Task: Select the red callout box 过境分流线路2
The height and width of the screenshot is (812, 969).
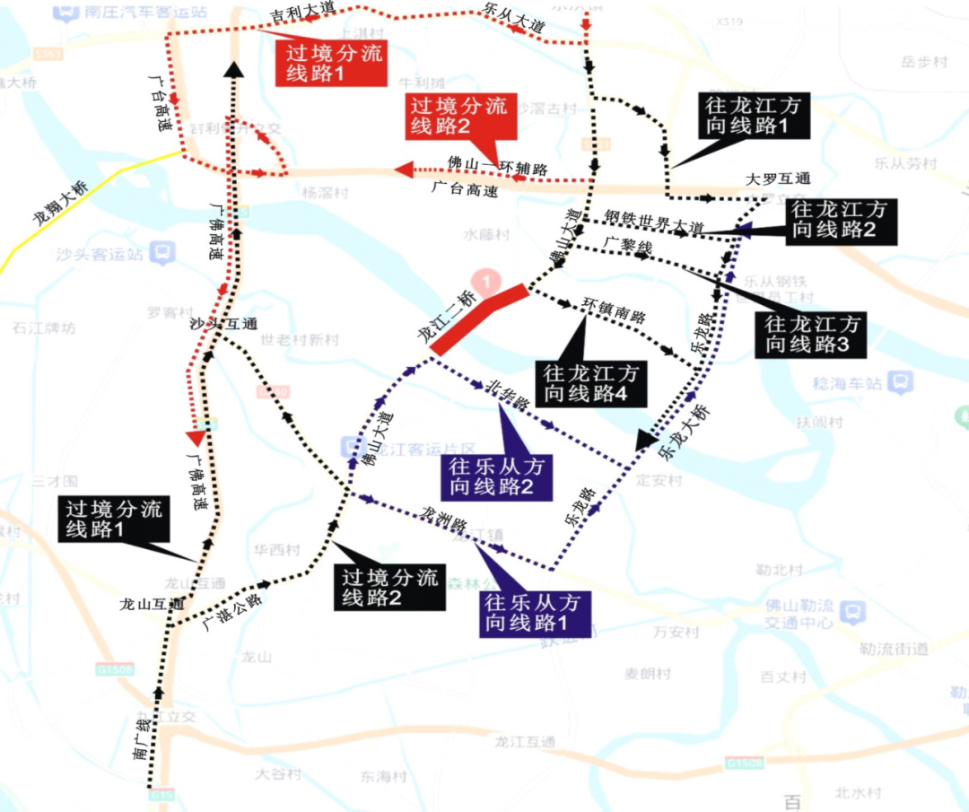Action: point(458,116)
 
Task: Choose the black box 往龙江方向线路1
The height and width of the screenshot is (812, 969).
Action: point(754,115)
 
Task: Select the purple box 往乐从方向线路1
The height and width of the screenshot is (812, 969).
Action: point(532,612)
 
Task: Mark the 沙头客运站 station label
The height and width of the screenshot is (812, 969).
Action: point(100,254)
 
